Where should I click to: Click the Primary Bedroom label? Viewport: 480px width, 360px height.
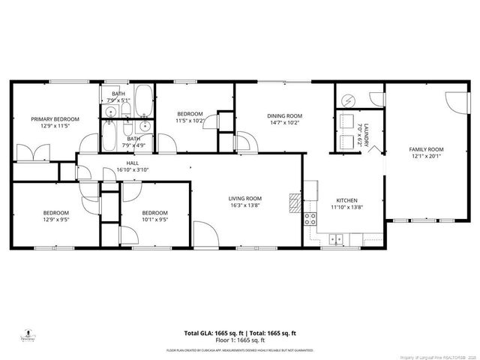tap(55, 118)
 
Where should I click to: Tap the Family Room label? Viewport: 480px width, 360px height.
tap(427, 149)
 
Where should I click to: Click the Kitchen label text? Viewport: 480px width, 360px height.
tap(346, 200)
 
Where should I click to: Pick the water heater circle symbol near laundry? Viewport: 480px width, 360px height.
tap(349, 99)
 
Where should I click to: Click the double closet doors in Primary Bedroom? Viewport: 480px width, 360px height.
tap(34, 153)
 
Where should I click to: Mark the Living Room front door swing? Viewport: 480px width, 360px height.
tap(204, 235)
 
